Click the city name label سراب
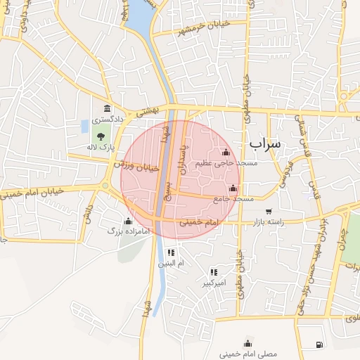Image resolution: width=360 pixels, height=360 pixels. (264, 143)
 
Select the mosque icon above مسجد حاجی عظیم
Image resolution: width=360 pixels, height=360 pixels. (226, 152)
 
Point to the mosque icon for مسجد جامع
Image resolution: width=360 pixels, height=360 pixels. (233, 188)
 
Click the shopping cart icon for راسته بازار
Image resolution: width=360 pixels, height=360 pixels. (269, 211)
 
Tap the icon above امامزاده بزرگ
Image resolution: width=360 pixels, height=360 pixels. (128, 221)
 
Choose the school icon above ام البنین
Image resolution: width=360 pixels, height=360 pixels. (171, 252)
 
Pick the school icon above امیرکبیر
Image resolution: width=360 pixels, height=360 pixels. (214, 272)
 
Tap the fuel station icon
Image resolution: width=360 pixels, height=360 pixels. (320, 344)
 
